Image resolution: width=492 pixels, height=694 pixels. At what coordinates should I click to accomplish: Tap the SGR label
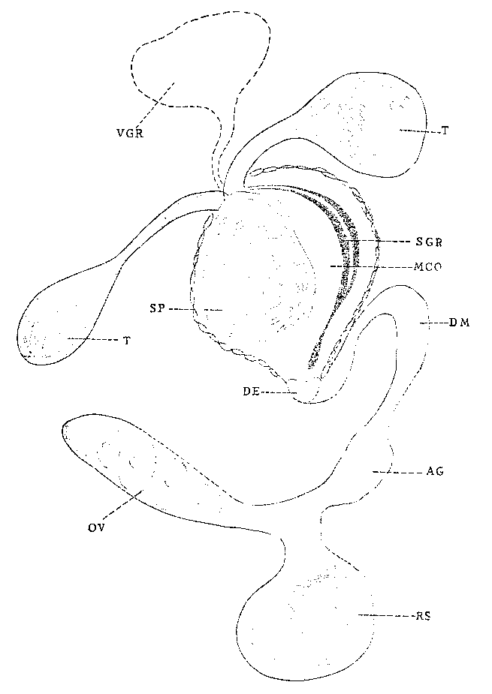point(429,242)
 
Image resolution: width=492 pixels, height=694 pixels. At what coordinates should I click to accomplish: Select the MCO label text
point(427,267)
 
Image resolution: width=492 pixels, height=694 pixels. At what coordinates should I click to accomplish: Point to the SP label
point(158,308)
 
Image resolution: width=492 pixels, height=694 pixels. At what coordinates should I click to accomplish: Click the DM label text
point(459,323)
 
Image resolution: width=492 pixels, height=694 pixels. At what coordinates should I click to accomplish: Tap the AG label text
point(434,472)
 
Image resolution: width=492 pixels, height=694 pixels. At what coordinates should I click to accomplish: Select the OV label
point(95,528)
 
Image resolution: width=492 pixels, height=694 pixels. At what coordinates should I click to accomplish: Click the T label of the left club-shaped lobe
point(127,341)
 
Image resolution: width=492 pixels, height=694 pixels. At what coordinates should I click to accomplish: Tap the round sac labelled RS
point(306,629)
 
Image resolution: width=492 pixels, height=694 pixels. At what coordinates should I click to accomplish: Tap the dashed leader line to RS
point(385,615)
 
